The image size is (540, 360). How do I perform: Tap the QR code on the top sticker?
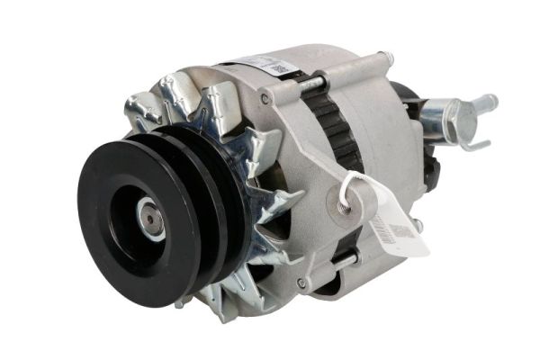point(280,68)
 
